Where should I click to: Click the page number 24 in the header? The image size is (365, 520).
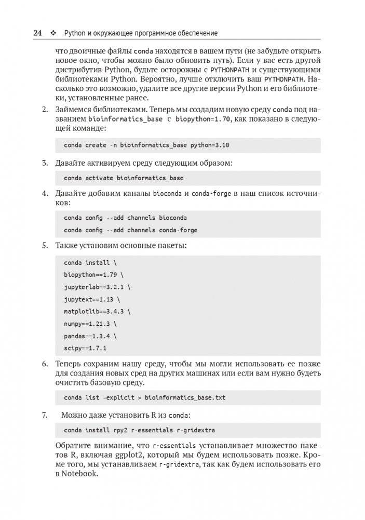pyautogui.click(x=37, y=33)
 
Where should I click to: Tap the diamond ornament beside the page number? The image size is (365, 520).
pyautogui.click(x=53, y=33)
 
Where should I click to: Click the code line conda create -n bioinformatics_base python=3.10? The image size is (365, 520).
pyautogui.click(x=146, y=145)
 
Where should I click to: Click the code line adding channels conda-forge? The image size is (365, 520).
pyautogui.click(x=130, y=230)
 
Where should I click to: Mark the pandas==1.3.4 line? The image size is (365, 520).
pyautogui.click(x=90, y=336)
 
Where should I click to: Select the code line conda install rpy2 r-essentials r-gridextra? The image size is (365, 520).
pyautogui.click(x=139, y=431)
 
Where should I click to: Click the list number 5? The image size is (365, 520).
pyautogui.click(x=44, y=245)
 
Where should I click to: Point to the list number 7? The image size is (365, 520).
pyautogui.click(x=44, y=415)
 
